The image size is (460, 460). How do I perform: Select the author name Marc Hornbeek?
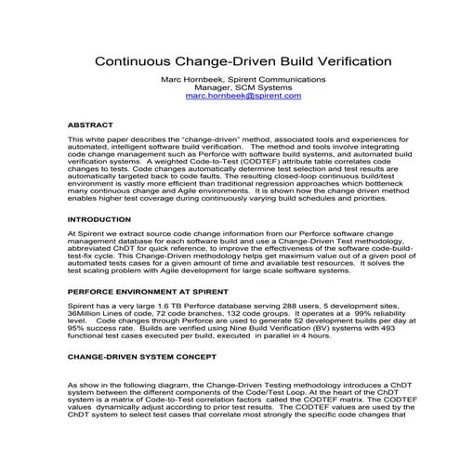(x=190, y=77)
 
